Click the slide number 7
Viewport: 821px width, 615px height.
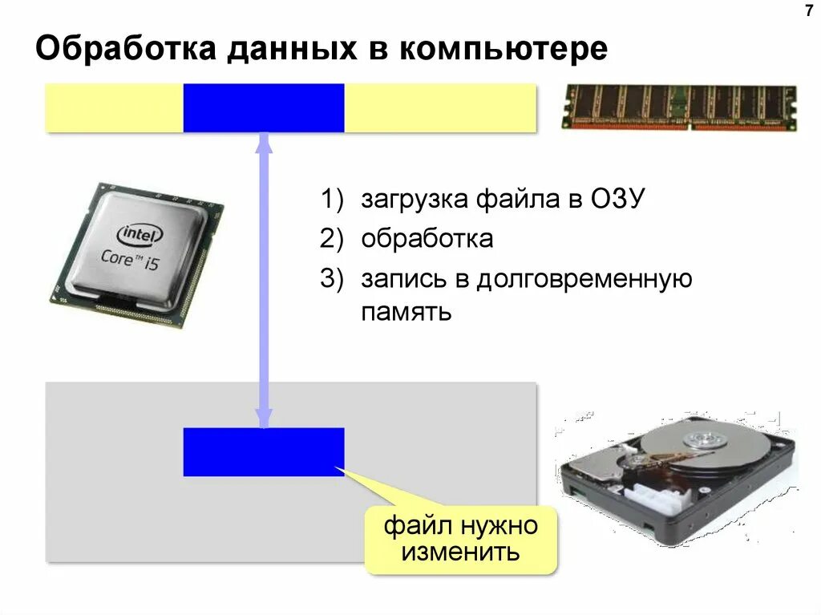(x=807, y=11)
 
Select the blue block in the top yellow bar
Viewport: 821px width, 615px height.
(x=264, y=107)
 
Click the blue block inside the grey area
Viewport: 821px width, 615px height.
(x=264, y=451)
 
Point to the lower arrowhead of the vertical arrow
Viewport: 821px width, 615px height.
(x=264, y=418)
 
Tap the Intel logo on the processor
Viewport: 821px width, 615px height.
(x=140, y=234)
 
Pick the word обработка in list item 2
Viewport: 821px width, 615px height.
(x=427, y=239)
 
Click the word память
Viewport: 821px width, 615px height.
(x=406, y=310)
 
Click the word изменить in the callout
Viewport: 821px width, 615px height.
(x=461, y=552)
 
